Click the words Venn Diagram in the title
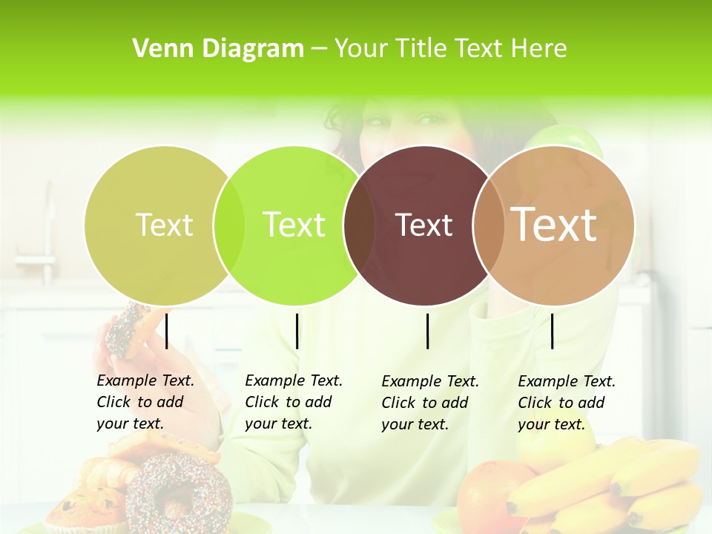[x=218, y=49]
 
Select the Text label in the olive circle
[x=164, y=225]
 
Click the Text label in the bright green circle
[x=294, y=225]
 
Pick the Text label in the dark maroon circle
[x=423, y=225]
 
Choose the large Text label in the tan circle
[x=554, y=224]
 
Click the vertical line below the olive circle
[x=167, y=331]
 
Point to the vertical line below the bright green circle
[x=297, y=331]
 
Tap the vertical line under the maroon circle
[x=428, y=331]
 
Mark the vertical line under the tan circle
[x=552, y=331]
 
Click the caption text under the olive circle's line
[x=145, y=402]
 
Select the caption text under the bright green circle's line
[x=294, y=402]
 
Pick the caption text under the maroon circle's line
[x=430, y=403]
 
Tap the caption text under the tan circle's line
[x=567, y=403]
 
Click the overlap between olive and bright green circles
[x=229, y=225]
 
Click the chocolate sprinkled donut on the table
[x=179, y=489]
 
